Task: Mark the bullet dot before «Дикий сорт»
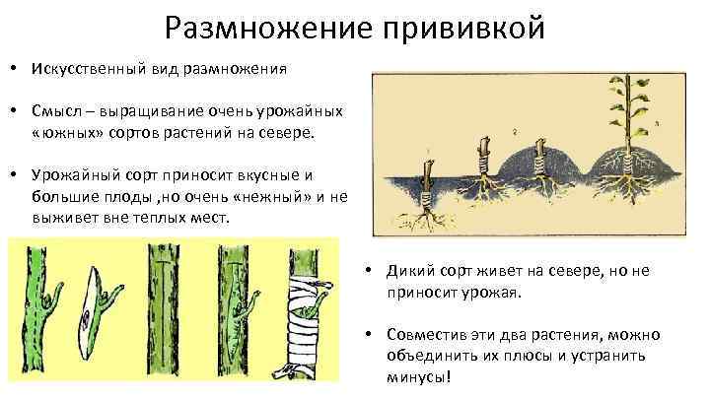pos(364,271)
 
